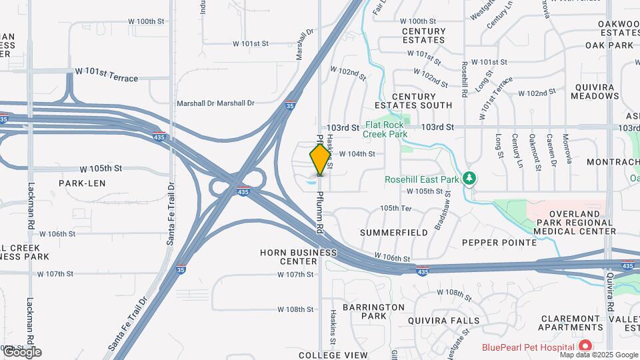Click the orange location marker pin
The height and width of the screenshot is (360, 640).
pos(320,160)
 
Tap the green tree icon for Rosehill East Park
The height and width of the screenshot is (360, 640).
pos(470,178)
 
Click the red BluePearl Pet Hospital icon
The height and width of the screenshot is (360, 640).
pos(585,345)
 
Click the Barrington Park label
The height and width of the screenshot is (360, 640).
pos(373,311)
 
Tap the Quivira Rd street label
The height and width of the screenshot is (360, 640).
pos(609,296)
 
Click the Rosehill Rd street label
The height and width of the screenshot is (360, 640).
pos(463,81)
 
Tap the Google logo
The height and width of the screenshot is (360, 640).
pos(21,352)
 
